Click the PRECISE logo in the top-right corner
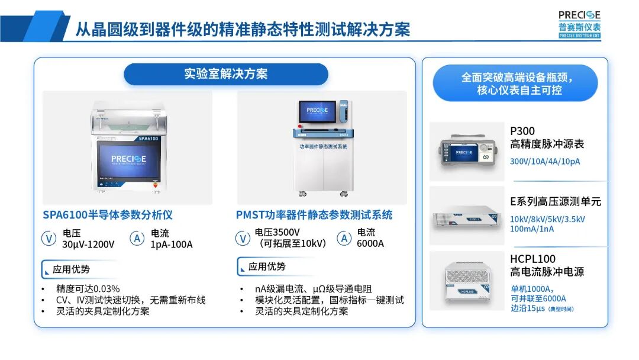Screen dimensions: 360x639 coord(579,24)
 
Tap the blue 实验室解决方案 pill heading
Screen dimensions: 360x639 coord(225,74)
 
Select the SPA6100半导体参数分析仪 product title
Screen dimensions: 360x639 coord(108,215)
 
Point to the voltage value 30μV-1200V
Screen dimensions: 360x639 coord(88,244)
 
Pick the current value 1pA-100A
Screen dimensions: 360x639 coord(172,244)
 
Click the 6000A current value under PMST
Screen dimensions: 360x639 coord(370,243)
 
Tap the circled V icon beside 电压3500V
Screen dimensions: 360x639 coord(243,239)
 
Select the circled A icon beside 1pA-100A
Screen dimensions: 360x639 coord(137,239)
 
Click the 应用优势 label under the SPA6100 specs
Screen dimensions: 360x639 coord(71,269)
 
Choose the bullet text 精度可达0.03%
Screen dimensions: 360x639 coord(88,289)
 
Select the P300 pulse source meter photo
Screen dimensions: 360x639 coord(466,152)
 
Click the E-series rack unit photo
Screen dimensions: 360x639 coord(466,217)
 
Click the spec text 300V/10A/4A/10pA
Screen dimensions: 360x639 coord(545,161)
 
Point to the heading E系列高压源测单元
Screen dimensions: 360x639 coord(556,201)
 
